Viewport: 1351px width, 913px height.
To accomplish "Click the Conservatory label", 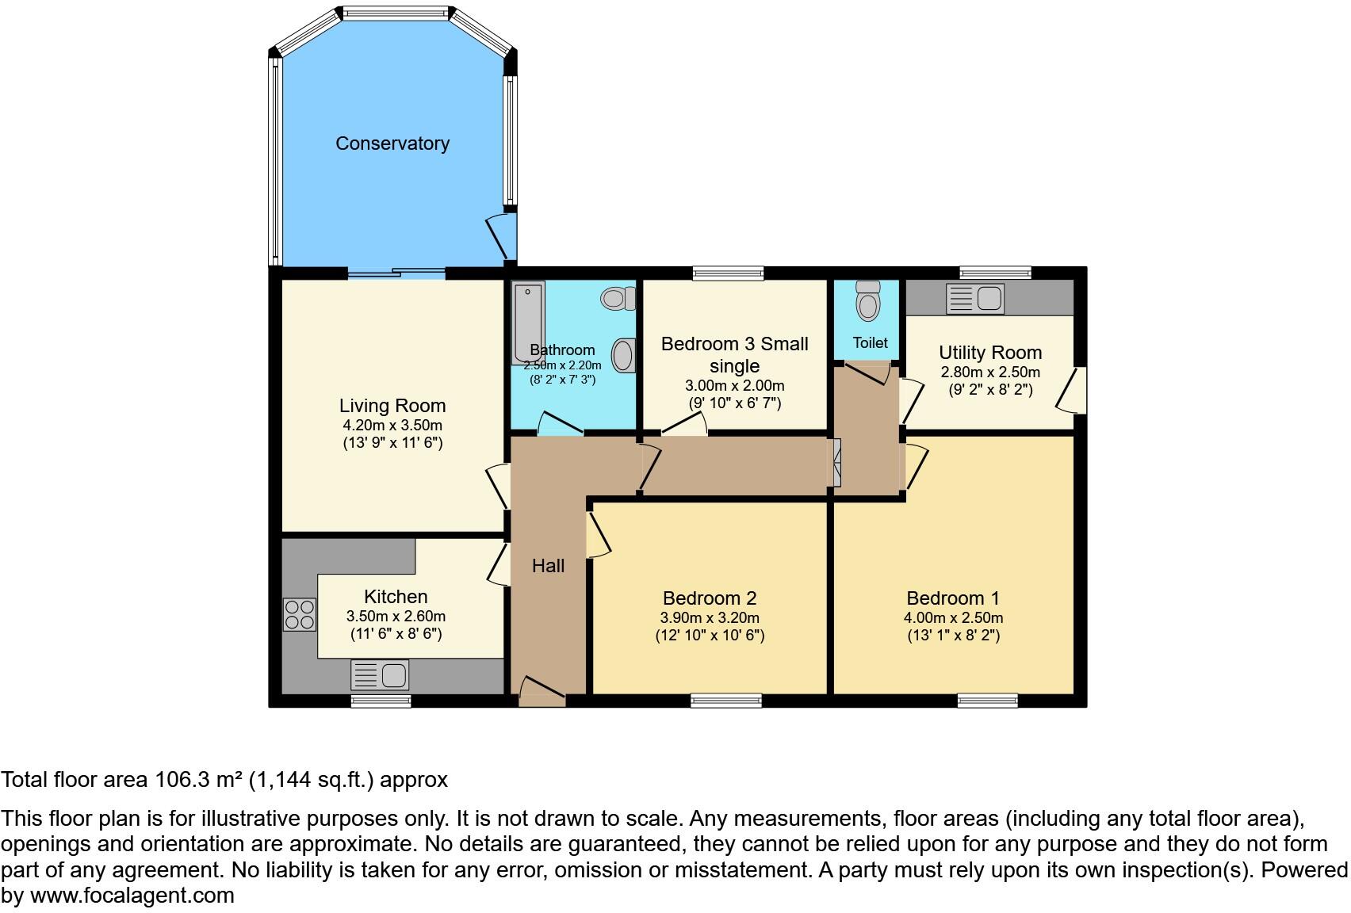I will [x=392, y=143].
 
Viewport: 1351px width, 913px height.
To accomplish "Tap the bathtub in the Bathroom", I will [x=527, y=322].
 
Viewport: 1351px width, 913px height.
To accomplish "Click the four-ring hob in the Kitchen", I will [x=300, y=614].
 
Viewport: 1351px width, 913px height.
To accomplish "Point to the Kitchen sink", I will [x=380, y=675].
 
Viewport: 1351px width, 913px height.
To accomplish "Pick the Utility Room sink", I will [x=975, y=299].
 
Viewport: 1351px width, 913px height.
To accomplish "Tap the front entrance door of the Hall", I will [x=542, y=692].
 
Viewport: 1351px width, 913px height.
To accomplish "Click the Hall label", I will [x=548, y=566].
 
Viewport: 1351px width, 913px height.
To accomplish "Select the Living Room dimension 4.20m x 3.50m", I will [x=392, y=426].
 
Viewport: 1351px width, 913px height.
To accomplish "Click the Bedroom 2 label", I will [x=710, y=598].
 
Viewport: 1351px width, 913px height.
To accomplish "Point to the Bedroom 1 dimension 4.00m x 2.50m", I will [x=953, y=618].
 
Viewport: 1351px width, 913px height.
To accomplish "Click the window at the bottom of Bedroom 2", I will [x=725, y=701].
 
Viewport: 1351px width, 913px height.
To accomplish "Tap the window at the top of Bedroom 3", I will [x=728, y=273].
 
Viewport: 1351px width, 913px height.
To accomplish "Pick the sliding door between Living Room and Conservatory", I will [x=396, y=274].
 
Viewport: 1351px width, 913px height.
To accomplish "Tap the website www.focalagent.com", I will [x=132, y=896].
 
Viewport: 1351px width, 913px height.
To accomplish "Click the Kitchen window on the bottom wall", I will [x=381, y=701].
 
